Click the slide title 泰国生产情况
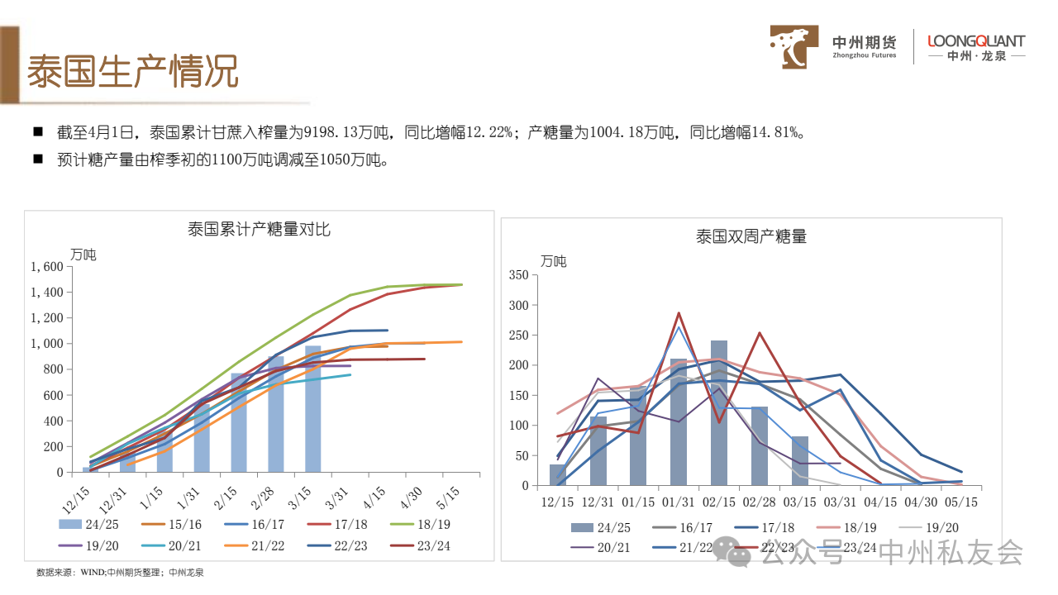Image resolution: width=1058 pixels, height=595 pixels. (132, 72)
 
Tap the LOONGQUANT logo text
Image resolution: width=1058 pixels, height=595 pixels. (976, 40)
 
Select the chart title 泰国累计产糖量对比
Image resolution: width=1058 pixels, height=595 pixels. (259, 229)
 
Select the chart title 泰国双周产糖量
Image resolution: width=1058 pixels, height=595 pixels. (751, 236)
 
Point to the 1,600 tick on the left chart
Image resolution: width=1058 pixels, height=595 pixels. (47, 267)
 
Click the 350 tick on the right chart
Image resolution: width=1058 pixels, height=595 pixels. (518, 275)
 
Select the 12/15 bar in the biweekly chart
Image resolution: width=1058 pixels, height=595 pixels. (558, 475)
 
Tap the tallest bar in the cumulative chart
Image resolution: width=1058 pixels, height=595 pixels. (313, 409)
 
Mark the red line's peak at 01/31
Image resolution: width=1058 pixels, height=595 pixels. (679, 313)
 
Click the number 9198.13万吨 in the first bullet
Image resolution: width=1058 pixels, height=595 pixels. (341, 132)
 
